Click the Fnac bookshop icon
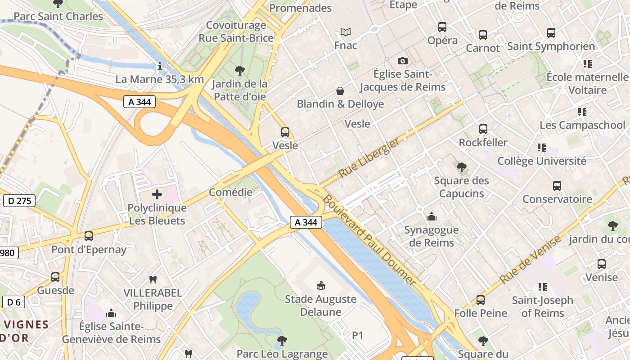(x=346, y=32)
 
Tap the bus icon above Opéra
(x=442, y=27)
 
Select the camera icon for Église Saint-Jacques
(x=403, y=61)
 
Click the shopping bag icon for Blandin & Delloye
(x=341, y=91)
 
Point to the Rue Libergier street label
(x=369, y=158)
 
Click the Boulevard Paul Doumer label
(x=369, y=239)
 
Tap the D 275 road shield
(x=19, y=201)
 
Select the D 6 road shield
(x=13, y=302)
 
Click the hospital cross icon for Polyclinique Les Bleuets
(x=157, y=194)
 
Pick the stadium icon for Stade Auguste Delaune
(x=321, y=285)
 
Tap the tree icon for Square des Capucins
(x=461, y=167)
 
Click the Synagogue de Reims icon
(x=432, y=217)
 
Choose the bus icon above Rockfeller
(x=483, y=129)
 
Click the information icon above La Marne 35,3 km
(x=159, y=67)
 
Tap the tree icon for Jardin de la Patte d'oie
(x=239, y=70)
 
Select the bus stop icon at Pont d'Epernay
(x=89, y=236)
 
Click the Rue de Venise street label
(x=531, y=260)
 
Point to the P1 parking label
(x=357, y=335)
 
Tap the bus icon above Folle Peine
(x=481, y=300)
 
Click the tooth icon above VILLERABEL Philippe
(x=153, y=279)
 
